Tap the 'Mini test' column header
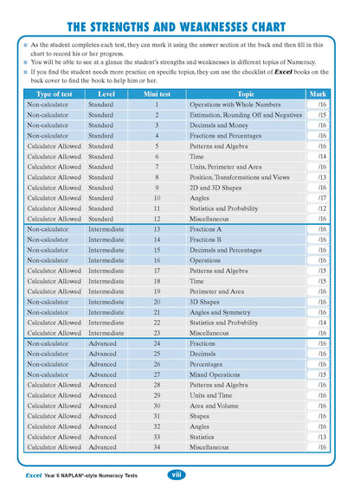pyautogui.click(x=157, y=93)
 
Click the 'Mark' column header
pyautogui.click(x=317, y=93)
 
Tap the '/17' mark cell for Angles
pyautogui.click(x=321, y=198)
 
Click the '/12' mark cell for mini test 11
pyautogui.click(x=321, y=208)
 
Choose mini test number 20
pyautogui.click(x=157, y=302)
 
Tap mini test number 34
pyautogui.click(x=157, y=447)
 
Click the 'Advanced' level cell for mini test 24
pyautogui.click(x=102, y=343)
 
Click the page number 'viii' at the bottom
pyautogui.click(x=174, y=475)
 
